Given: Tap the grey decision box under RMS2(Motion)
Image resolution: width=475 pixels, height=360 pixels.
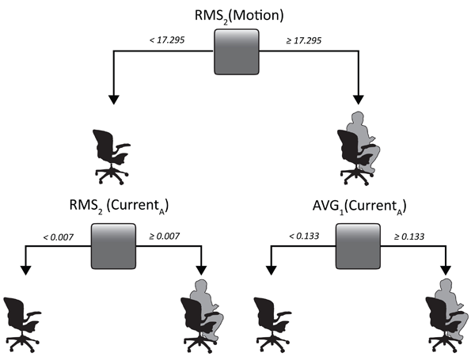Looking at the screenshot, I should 237,53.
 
